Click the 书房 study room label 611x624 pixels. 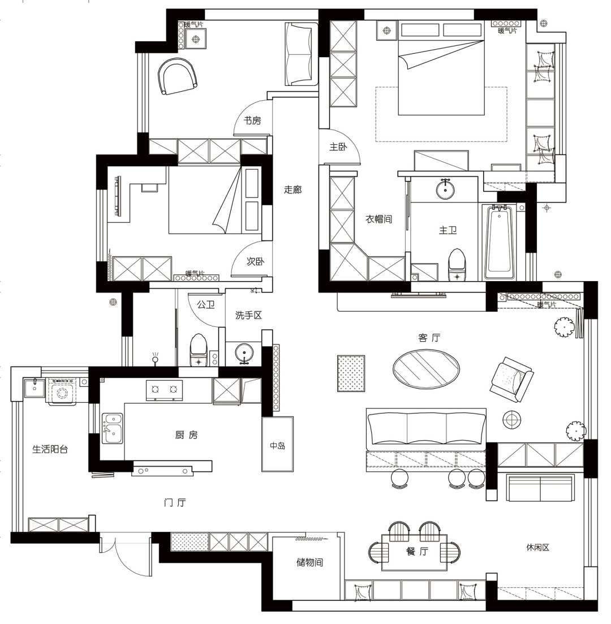click(x=252, y=121)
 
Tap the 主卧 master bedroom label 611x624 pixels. click(x=338, y=147)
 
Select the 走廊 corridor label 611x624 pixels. click(x=293, y=190)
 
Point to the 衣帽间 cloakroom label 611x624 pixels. click(x=379, y=219)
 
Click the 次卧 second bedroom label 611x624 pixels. click(x=255, y=261)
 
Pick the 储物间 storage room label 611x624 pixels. click(x=309, y=562)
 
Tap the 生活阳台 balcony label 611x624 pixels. click(x=50, y=449)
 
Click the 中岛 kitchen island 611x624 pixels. click(x=277, y=444)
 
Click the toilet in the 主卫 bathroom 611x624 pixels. click(x=457, y=265)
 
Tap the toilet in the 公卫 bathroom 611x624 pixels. click(x=199, y=351)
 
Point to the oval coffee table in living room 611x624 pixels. click(x=427, y=368)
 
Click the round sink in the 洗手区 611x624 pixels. click(x=244, y=353)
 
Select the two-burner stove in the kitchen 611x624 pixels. click(x=165, y=390)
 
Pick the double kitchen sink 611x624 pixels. click(x=113, y=428)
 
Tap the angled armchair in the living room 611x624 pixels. click(x=511, y=380)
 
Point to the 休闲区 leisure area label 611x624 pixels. click(x=538, y=548)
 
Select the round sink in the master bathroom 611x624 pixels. click(x=445, y=189)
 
